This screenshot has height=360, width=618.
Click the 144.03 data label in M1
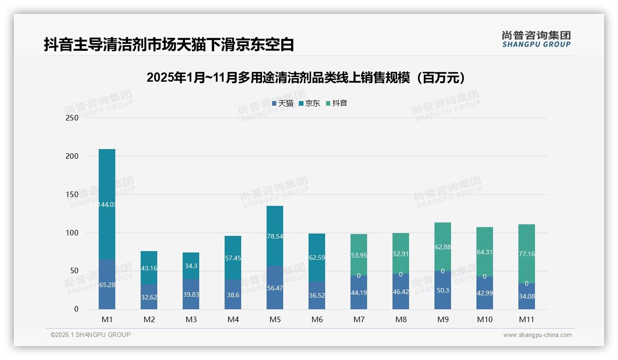tap(107, 204)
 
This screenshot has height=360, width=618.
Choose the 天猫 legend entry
tap(282, 103)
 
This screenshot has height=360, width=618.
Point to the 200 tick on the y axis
tap(72, 156)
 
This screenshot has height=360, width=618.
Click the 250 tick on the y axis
tap(72, 118)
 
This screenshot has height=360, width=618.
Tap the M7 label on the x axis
tap(359, 319)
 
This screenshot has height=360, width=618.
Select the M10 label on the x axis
tap(485, 319)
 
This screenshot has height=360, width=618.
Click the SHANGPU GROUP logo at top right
tap(536, 39)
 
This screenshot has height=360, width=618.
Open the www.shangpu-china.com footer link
tap(537, 335)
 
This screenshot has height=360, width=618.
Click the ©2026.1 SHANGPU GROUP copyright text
tap(90, 335)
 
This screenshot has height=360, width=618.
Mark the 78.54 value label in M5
tap(275, 236)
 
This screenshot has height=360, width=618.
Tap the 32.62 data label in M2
tap(149, 297)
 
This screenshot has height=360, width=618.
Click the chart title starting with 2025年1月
tap(309, 78)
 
